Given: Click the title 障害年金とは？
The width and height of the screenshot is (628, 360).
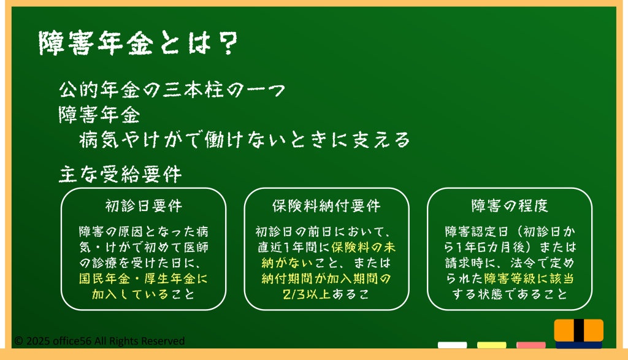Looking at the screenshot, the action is pos(138,44).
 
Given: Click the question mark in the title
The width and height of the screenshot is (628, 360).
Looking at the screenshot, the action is pos(228,44).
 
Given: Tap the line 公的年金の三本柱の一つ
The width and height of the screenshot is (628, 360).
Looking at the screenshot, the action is pos(172,90).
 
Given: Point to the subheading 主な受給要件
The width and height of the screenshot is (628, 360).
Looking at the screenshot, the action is pos(120,174).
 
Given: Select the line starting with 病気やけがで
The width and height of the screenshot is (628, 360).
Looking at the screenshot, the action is pos(244,139).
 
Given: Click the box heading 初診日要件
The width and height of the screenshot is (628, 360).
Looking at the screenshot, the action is pos(144,206).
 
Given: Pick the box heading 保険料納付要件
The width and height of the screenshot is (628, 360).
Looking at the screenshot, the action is pos(326,206).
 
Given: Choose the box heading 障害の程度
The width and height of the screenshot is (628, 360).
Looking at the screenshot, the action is pos(510,206).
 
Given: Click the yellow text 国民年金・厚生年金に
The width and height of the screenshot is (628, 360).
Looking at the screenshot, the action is pos(144,278).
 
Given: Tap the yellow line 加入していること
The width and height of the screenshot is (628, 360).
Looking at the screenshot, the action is pos(144,294).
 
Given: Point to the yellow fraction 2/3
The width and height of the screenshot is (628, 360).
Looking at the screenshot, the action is pos(294,294).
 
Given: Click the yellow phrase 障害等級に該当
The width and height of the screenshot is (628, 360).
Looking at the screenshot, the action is pos(529,278).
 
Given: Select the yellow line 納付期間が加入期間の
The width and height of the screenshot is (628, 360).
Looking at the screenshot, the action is pos(326,278).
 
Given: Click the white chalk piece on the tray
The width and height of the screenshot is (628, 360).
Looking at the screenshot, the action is pos(452,345).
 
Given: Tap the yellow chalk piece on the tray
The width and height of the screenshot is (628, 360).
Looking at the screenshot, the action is pos(491,345).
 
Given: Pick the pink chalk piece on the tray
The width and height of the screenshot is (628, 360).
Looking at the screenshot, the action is pos(530,345).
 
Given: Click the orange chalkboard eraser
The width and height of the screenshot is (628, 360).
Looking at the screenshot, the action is pos(579,331).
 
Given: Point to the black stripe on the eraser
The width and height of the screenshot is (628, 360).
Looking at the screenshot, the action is pos(579,331).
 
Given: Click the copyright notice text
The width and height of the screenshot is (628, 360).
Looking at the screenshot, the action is pos(100,341).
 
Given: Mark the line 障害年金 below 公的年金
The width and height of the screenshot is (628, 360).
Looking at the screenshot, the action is pos(99,115).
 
